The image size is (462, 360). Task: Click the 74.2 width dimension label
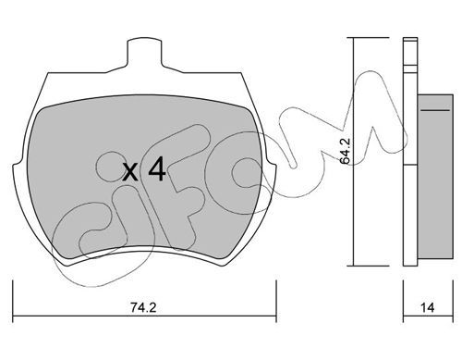(x=143, y=307)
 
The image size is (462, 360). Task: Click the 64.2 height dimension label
(x=345, y=151)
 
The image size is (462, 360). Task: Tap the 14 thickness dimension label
(x=428, y=307)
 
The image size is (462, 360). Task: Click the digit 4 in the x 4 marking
(x=157, y=169)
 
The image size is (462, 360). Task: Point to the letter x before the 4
(x=130, y=172)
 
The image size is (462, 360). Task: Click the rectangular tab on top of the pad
(x=144, y=53)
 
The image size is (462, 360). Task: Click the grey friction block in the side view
(x=435, y=177)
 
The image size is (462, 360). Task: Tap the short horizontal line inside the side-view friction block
(x=435, y=110)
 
